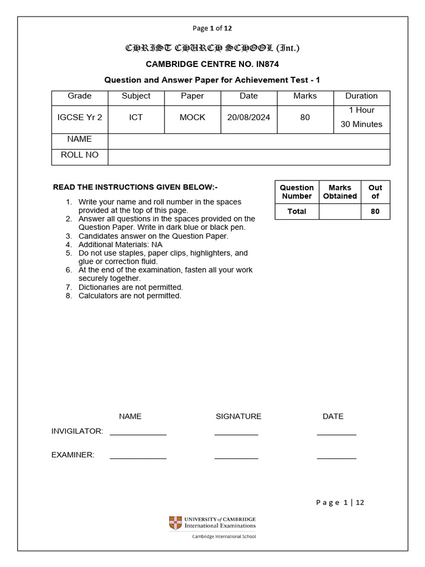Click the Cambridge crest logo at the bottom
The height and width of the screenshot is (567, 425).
click(175, 523)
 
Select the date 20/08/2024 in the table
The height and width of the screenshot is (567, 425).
click(248, 117)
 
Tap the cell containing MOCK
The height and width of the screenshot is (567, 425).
click(192, 117)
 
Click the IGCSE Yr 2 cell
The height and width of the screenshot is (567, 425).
click(80, 117)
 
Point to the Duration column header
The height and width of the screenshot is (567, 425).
click(361, 96)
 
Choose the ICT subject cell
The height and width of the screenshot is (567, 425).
click(136, 117)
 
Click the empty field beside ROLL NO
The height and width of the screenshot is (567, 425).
click(248, 157)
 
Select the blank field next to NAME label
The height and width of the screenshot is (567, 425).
click(248, 141)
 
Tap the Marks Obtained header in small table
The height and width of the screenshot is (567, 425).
click(340, 192)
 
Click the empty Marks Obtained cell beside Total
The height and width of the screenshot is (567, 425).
click(340, 212)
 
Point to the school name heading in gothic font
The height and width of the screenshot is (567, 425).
click(212, 48)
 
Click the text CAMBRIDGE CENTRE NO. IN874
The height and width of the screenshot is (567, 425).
click(212, 64)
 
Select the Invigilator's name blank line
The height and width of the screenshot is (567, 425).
click(138, 433)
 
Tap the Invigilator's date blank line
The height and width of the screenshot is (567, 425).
click(336, 433)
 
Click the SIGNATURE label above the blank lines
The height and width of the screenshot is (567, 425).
click(239, 416)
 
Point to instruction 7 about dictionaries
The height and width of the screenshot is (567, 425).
click(131, 287)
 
